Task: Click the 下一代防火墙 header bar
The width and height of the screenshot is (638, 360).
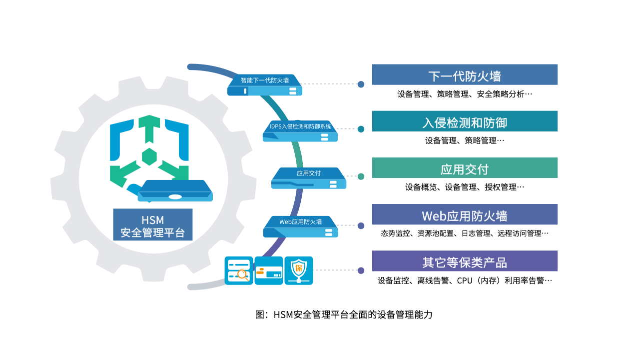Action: point(465,74)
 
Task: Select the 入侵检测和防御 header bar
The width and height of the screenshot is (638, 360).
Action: point(465,121)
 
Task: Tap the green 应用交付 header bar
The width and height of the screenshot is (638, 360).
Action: point(465,167)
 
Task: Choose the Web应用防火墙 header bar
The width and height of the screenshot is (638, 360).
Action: point(465,214)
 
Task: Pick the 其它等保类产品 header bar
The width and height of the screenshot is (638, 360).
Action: point(465,261)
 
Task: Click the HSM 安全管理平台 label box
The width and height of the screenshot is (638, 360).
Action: point(153,224)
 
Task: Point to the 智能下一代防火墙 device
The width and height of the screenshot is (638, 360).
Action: point(265,85)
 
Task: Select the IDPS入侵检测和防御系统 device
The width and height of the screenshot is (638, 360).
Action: point(300,131)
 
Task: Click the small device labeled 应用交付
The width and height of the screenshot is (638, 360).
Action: point(309,178)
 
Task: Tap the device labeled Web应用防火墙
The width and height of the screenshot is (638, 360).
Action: point(300,226)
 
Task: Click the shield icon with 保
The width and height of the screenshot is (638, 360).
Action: point(299,270)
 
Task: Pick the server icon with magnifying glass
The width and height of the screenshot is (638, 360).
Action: point(239,270)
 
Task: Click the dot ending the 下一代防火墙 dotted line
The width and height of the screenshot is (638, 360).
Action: point(361,84)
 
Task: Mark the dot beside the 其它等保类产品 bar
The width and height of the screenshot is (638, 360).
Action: point(361,270)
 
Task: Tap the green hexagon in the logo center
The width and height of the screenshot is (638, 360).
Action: point(149,156)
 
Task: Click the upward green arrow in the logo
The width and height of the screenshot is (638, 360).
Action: point(149,129)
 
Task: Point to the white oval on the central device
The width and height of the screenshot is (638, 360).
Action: point(175,196)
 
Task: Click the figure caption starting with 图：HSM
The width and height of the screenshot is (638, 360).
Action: point(344,314)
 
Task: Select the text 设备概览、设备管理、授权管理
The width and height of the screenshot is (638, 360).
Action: point(461,187)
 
